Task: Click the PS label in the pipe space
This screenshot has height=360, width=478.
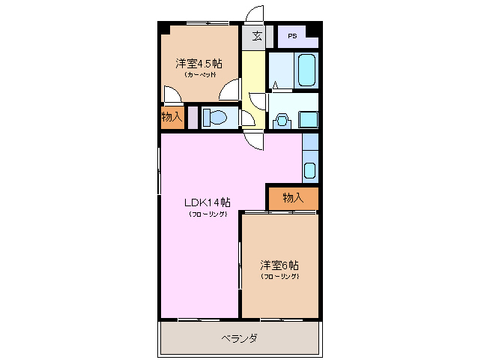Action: tap(291, 36)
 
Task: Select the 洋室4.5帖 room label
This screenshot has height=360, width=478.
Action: tap(199, 63)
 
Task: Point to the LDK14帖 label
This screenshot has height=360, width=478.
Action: tap(208, 202)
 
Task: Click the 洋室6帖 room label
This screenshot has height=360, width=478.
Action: tap(280, 265)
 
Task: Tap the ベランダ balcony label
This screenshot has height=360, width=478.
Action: tap(240, 338)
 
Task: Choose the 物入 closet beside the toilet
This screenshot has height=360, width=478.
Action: tap(172, 118)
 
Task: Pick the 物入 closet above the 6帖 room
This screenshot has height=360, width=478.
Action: tap(293, 197)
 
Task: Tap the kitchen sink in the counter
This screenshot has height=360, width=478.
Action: tap(309, 169)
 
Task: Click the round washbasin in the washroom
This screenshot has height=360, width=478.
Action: tap(282, 118)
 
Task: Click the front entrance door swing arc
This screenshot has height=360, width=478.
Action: tap(255, 13)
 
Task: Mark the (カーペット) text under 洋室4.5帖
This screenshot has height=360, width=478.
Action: tap(199, 75)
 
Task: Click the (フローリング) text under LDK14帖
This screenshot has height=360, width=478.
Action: tap(208, 214)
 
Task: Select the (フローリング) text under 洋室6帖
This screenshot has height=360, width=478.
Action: tap(280, 277)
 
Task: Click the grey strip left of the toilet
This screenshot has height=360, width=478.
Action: tap(193, 118)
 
